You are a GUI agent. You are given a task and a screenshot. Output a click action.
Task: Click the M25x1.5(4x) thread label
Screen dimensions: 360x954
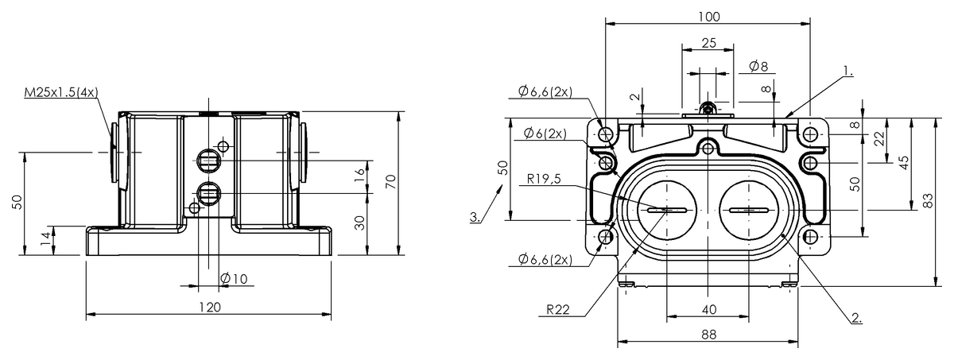click(x=60, y=92)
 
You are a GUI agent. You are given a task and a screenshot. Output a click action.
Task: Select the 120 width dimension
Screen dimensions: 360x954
click(x=208, y=306)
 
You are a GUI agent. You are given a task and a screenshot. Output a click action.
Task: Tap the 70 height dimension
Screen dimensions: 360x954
click(x=390, y=181)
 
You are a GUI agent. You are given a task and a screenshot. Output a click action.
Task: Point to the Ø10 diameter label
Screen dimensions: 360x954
click(x=235, y=278)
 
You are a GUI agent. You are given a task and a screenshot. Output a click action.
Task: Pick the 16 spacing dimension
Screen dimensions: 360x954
click(x=360, y=171)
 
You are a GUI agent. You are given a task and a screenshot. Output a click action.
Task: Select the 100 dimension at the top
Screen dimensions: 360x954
click(x=706, y=17)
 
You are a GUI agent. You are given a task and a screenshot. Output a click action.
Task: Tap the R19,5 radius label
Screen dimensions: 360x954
click(x=543, y=179)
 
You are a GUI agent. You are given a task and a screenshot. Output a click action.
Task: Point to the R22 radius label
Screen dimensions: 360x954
click(x=557, y=311)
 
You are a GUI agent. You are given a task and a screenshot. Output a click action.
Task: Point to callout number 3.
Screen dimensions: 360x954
click(x=475, y=217)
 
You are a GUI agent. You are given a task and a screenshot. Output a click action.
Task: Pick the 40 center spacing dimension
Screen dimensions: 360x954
click(x=707, y=308)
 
